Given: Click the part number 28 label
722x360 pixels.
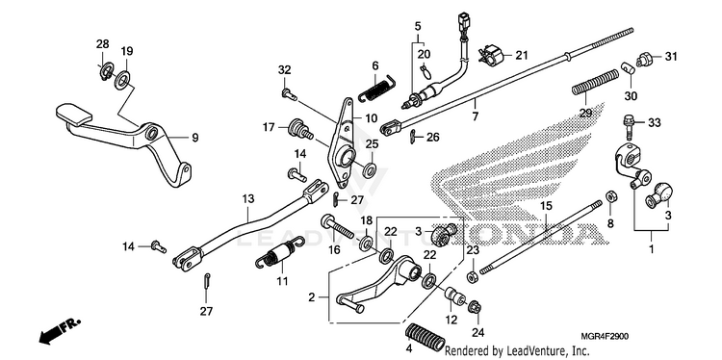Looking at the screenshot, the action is [x=102, y=44].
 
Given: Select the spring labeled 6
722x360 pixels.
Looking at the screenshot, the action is [x=375, y=86].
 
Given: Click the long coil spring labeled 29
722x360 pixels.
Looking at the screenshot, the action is [x=596, y=82].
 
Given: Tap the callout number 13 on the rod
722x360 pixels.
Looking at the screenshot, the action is [x=247, y=199].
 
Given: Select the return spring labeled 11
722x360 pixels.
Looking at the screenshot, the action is [x=279, y=255].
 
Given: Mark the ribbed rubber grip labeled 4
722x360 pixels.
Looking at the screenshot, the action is [x=425, y=338].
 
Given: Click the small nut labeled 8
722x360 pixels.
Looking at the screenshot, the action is [x=611, y=196].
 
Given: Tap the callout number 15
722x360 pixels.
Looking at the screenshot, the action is [x=546, y=206].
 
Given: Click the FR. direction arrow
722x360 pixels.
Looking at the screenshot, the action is [x=59, y=331].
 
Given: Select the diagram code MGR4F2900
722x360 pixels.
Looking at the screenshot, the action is [x=606, y=337].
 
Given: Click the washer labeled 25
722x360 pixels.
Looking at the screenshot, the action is [x=370, y=170].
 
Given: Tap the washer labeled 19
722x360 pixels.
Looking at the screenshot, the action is [x=123, y=79].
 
